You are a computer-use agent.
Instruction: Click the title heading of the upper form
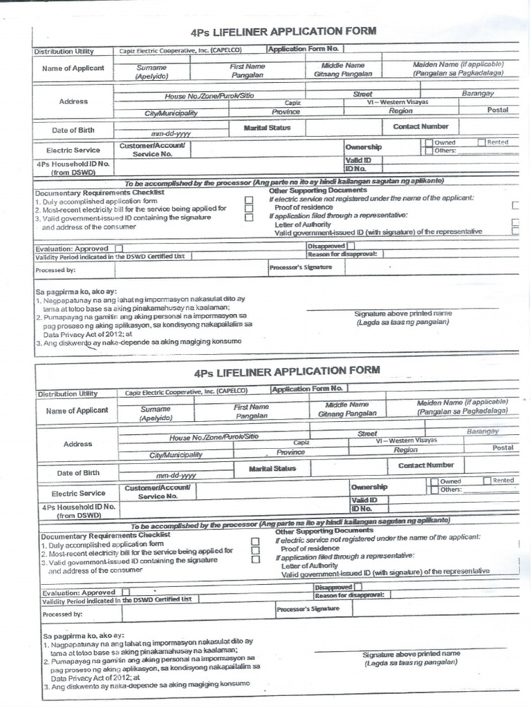pyautogui.click(x=283, y=31)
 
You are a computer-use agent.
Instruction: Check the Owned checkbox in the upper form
pyautogui.click(x=429, y=143)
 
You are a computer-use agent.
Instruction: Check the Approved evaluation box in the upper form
pyautogui.click(x=120, y=249)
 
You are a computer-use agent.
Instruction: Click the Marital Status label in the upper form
pyautogui.click(x=267, y=128)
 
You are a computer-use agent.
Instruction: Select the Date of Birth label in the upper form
pyautogui.click(x=73, y=130)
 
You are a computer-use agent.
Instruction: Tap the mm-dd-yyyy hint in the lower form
pyautogui.click(x=176, y=476)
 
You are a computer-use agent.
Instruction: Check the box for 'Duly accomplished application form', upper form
pyautogui.click(x=248, y=200)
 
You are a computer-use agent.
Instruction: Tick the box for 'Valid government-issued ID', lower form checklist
pyautogui.click(x=255, y=560)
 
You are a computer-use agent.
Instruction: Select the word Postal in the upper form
pyautogui.click(x=497, y=110)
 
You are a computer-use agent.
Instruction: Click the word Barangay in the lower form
pyautogui.click(x=482, y=431)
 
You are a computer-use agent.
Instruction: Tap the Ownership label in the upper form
pyautogui.click(x=363, y=147)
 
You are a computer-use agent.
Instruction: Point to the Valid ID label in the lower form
pyautogui.click(x=364, y=500)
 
